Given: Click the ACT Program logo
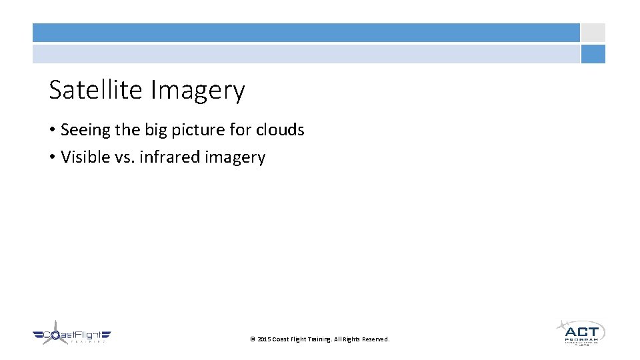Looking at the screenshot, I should pyautogui.click(x=580, y=331).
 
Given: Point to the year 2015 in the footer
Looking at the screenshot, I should pyautogui.click(x=264, y=339).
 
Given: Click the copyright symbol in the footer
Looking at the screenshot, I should pyautogui.click(x=253, y=339).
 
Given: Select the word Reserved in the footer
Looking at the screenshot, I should pyautogui.click(x=375, y=339).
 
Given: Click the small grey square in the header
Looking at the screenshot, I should pyautogui.click(x=593, y=33).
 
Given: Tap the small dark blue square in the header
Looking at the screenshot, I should pyautogui.click(x=593, y=54).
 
